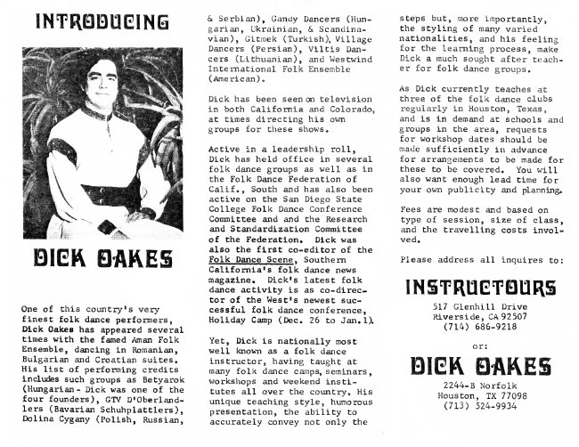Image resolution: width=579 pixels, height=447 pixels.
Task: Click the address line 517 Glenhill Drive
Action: pos(482,307)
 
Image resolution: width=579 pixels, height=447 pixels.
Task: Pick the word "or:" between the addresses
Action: pos(482,345)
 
